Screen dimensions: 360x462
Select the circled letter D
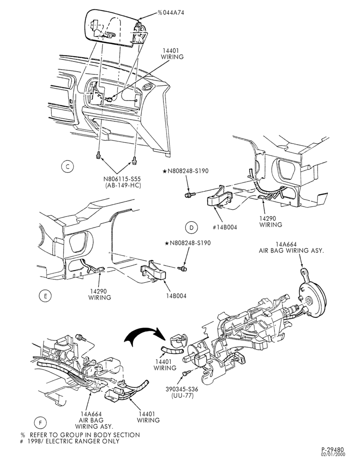click(x=192, y=227)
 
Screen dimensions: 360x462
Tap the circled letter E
click(x=45, y=296)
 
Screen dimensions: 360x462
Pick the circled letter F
click(x=40, y=423)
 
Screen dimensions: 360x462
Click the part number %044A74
click(x=171, y=12)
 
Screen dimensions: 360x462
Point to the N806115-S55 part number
click(x=123, y=179)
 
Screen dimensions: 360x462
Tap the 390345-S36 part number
click(x=182, y=389)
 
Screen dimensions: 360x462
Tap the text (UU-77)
click(x=182, y=395)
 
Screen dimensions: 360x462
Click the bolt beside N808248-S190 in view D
click(x=189, y=195)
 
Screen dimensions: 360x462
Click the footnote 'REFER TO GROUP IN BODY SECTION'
click(x=85, y=435)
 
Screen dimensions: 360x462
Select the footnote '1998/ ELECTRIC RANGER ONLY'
click(x=75, y=441)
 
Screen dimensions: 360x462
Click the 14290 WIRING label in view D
click(x=270, y=222)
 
